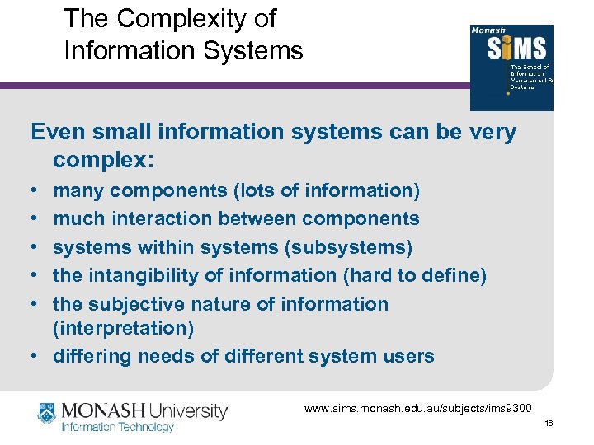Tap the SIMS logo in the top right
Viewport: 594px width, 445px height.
click(511, 68)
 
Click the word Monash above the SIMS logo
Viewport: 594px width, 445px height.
click(489, 30)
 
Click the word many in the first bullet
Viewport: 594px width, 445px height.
click(78, 191)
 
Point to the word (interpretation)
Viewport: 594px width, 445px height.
click(124, 329)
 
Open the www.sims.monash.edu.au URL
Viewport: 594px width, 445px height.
click(418, 408)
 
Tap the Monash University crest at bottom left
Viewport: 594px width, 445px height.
click(47, 412)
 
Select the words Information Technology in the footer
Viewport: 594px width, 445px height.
click(119, 427)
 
